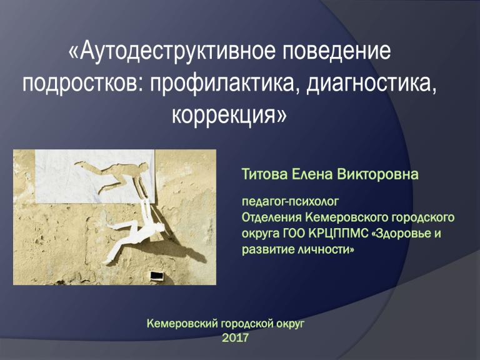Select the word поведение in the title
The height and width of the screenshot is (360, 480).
coord(336,51)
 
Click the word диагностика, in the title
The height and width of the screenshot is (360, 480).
coord(372,82)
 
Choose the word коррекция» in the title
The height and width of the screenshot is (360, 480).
coord(229,115)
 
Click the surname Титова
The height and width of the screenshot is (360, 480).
coord(264,174)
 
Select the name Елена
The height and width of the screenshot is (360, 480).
coord(312,174)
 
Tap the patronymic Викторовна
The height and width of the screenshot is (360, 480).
coord(377,174)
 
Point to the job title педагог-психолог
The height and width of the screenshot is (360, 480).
coord(290,202)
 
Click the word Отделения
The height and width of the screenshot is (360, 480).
coord(271,217)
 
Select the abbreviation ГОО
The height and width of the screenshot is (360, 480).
coord(294,233)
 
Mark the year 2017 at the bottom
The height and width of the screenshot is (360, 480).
coord(235,338)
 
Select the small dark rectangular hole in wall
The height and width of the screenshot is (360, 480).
coord(157,276)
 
